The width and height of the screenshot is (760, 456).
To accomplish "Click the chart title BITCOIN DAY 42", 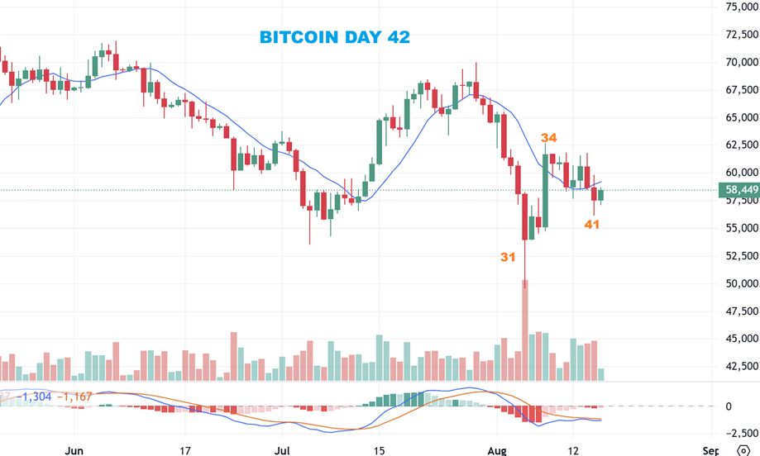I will (334, 37).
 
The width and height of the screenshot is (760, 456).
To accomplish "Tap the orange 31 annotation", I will (508, 257).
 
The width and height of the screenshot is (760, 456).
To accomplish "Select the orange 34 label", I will (548, 138).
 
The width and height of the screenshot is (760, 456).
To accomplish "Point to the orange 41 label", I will (591, 224).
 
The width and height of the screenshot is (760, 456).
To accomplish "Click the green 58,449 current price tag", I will (742, 190).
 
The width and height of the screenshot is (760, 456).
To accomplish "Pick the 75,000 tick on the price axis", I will (742, 7).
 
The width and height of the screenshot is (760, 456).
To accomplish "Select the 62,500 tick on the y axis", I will (742, 145).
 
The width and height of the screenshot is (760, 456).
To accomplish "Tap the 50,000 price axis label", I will (742, 283).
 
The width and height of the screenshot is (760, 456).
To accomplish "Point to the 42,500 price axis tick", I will (742, 366).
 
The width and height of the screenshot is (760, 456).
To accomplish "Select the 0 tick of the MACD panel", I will (728, 406).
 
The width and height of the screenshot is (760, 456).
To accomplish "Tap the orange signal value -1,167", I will (74, 397).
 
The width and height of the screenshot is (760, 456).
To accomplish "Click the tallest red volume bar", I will (524, 330).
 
